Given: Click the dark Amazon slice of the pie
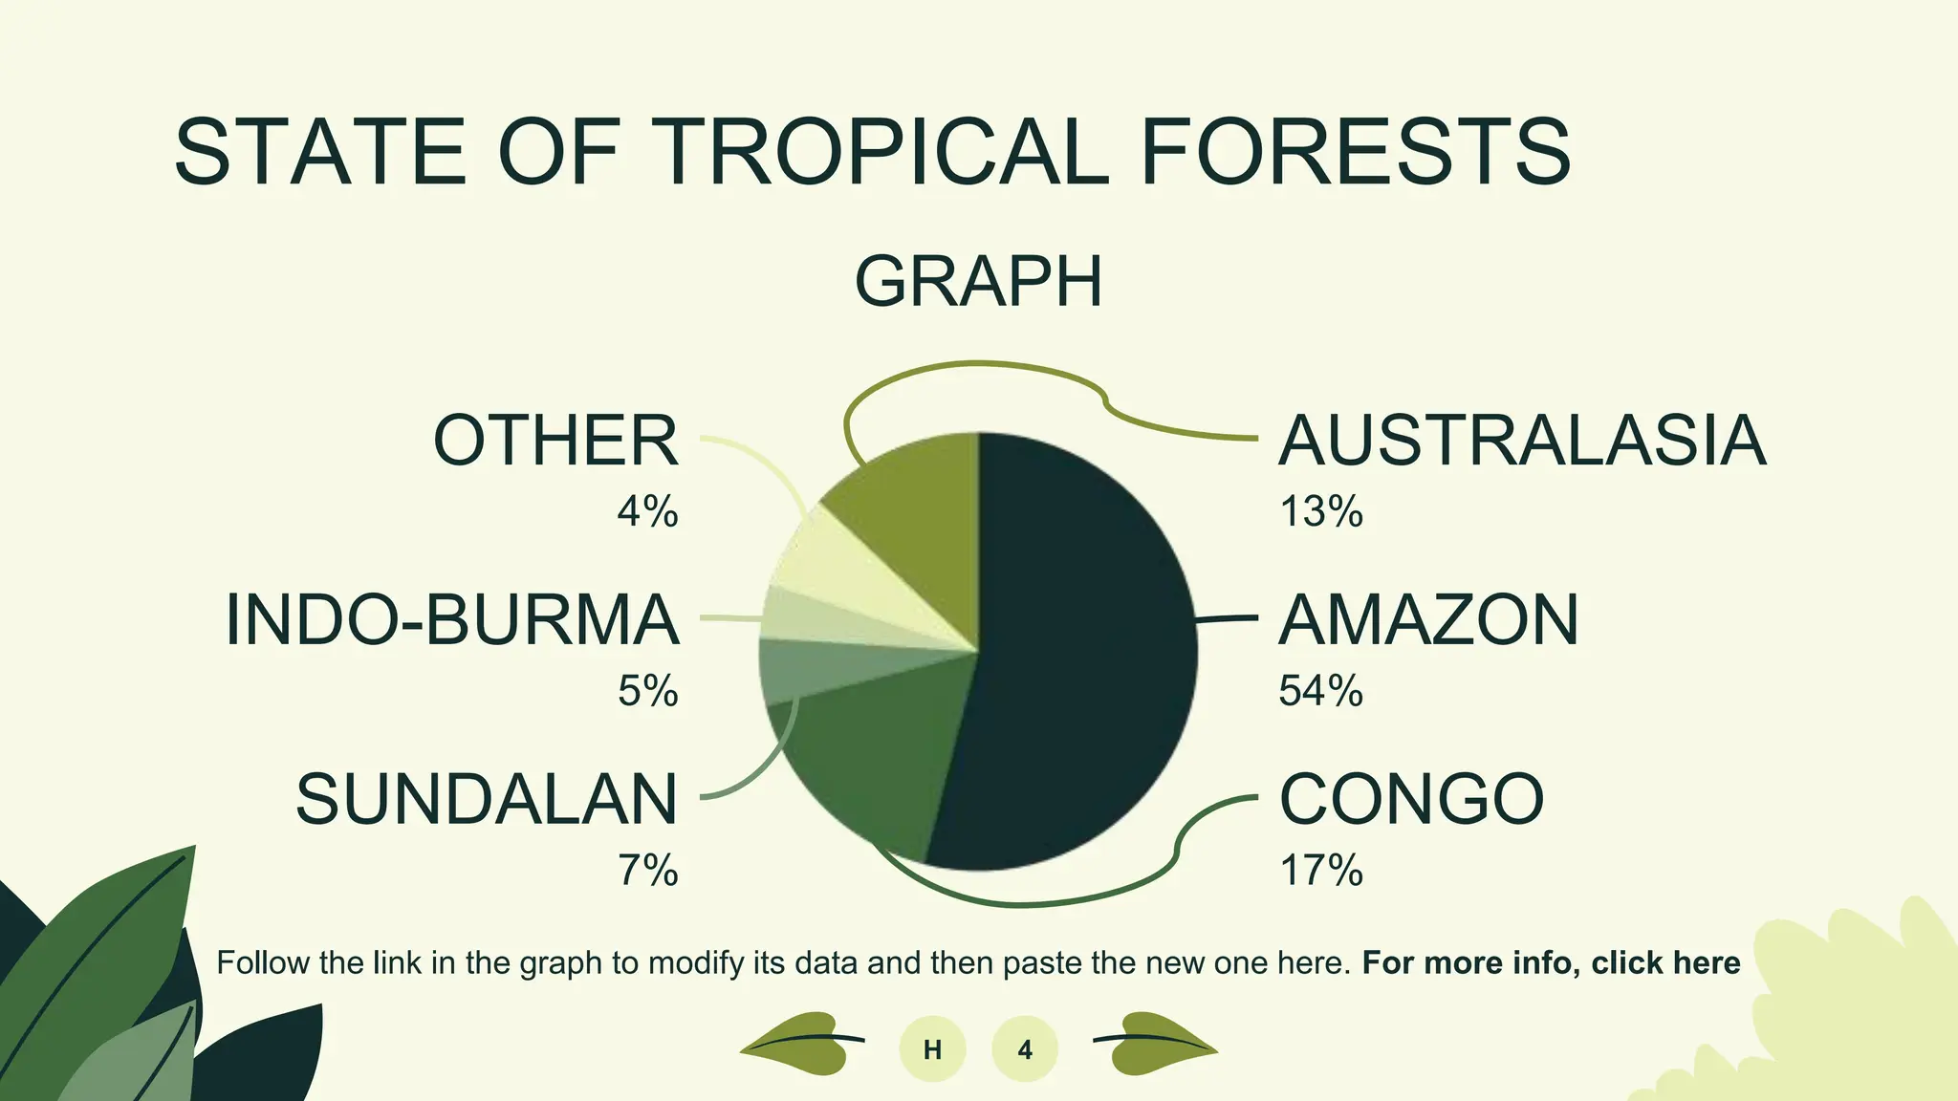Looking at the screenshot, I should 1090,650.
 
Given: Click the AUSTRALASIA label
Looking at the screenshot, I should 1522,441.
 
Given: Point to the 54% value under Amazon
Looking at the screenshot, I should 1320,690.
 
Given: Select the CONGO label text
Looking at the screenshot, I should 1411,799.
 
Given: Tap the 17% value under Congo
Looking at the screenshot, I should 1320,870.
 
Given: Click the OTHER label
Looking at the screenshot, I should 555,441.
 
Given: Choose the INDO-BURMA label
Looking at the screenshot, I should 452,620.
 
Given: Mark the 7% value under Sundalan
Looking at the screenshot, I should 647,870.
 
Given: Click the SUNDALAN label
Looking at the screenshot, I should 487,799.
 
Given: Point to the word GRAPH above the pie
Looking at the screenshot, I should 978,281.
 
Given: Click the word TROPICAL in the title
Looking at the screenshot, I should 883,152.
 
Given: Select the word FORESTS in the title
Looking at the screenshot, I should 1356,152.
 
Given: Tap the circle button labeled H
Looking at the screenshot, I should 932,1049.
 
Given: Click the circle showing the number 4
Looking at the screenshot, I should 1025,1049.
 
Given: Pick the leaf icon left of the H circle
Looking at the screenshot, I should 799,1044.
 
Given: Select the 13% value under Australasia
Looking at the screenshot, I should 1320,511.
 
